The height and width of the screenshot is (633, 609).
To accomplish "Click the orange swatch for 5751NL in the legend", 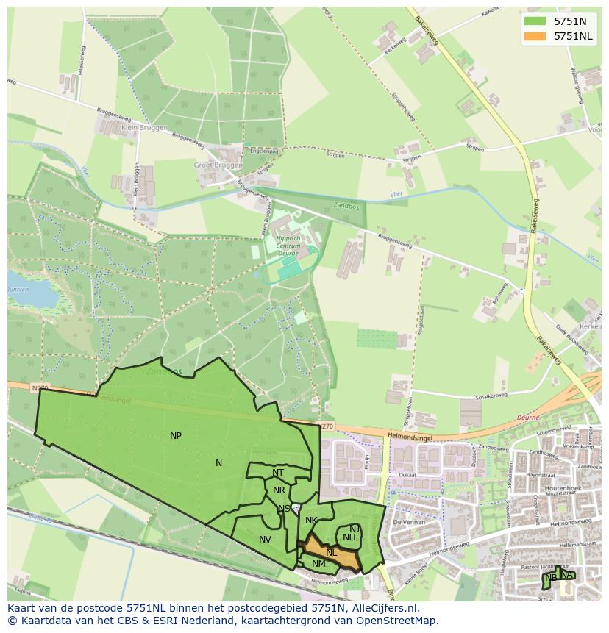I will pos(535,36).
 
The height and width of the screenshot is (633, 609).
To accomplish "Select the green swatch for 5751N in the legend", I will pos(535,21).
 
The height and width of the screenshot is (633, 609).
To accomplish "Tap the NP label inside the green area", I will pos(176,436).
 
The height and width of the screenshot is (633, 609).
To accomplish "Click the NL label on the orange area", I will pos(332,552).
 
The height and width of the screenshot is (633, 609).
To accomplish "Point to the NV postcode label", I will pos(265,540).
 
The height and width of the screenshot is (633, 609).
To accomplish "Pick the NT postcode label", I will pos(278,473).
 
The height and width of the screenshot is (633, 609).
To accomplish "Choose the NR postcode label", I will pos(279,490).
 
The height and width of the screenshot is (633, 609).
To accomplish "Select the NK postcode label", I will pos(311,521).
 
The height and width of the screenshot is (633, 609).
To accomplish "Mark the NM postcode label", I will pos(318,564).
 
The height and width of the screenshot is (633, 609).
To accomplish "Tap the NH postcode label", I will pos(349,537).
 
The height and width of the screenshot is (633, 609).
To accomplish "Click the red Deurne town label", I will pos(528,416).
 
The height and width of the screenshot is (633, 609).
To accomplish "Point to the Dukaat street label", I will pos(409,475).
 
